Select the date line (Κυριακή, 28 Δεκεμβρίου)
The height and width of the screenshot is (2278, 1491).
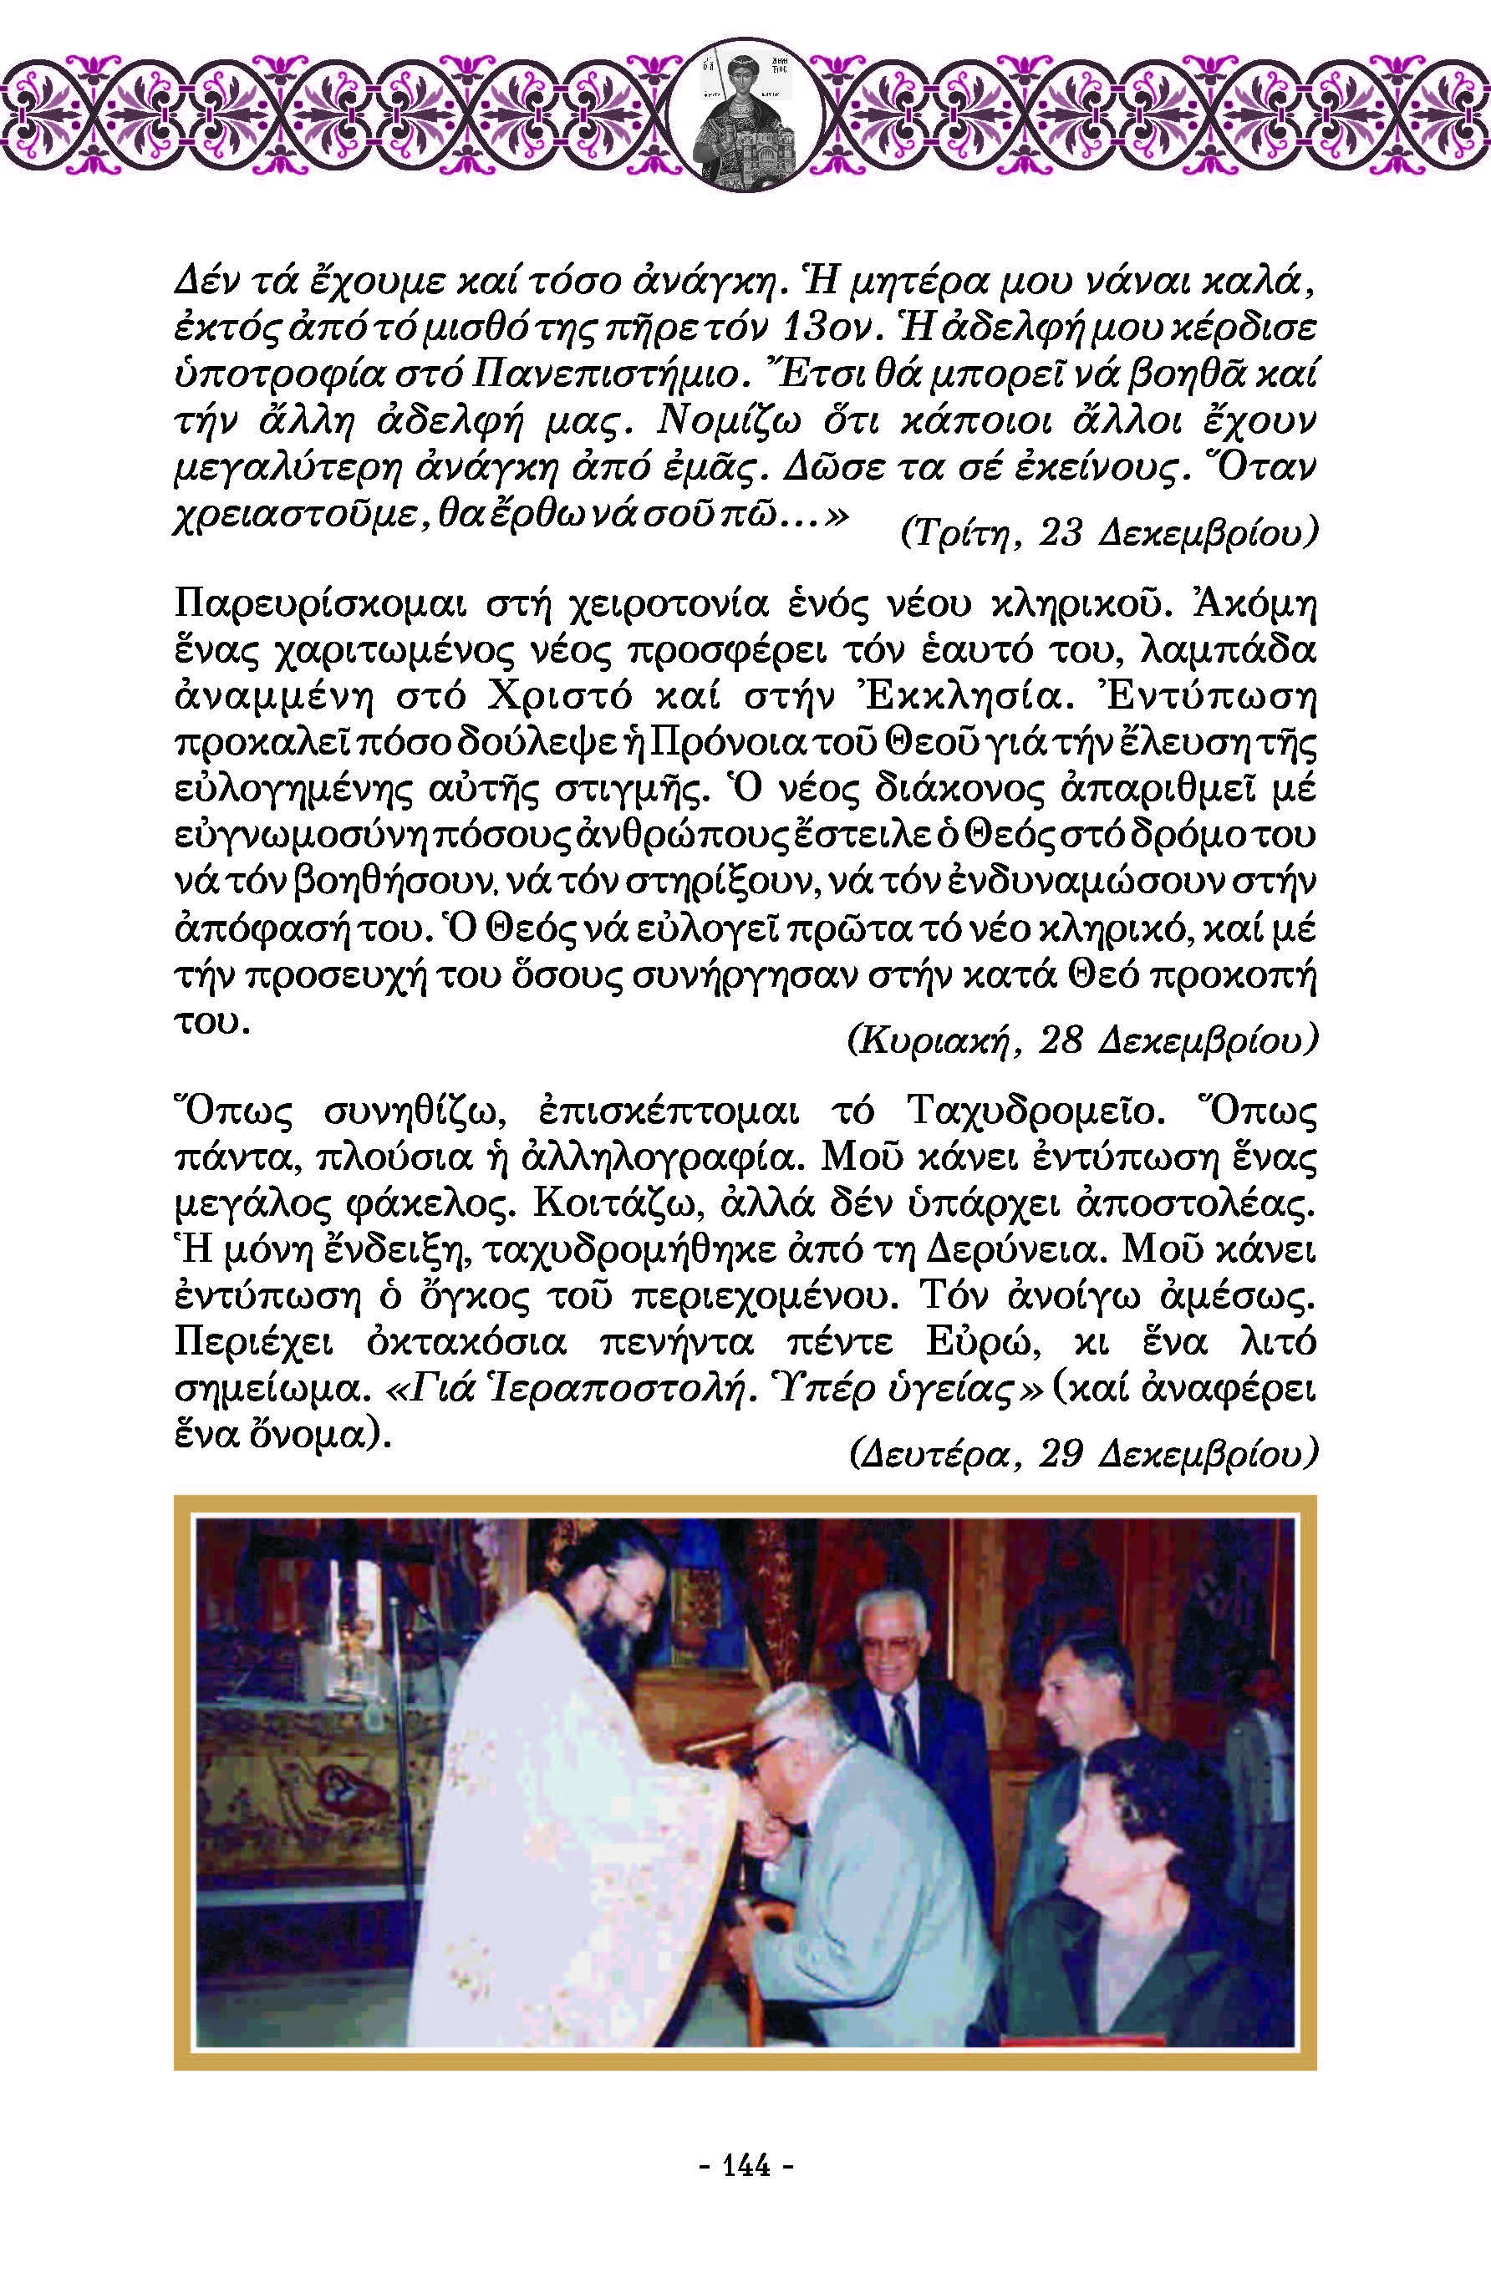(1082, 1039)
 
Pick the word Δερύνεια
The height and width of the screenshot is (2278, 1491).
(1024, 1250)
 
